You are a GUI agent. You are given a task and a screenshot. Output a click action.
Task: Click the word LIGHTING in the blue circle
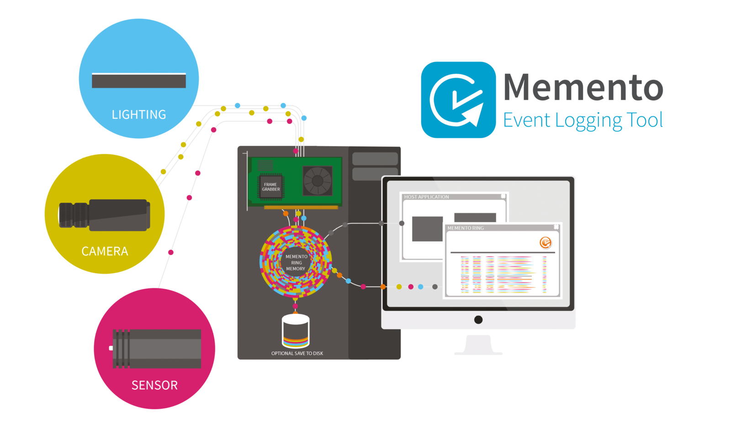(x=139, y=115)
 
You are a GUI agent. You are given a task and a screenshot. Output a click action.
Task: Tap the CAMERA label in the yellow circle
(x=105, y=251)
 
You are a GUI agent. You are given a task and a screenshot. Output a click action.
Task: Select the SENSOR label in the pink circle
(x=154, y=385)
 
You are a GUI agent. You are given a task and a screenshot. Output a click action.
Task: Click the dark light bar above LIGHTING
(x=139, y=80)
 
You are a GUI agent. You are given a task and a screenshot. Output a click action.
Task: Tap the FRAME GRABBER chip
(x=271, y=187)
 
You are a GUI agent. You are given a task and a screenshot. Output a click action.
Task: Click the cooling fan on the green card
(x=318, y=181)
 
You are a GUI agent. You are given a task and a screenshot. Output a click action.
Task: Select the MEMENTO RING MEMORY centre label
(x=296, y=262)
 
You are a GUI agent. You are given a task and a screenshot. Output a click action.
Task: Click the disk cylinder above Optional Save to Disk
(x=295, y=331)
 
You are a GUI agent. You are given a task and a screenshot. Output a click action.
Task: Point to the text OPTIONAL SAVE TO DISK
(x=297, y=353)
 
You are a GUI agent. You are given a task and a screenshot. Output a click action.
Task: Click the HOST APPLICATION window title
(x=426, y=197)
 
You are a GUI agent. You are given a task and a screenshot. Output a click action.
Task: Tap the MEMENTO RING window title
(x=466, y=228)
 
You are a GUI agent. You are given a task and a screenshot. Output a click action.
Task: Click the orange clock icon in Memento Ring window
(x=546, y=242)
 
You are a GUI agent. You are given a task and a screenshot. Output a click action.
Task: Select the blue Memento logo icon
(x=458, y=100)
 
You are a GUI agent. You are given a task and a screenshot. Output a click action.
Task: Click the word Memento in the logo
(x=583, y=87)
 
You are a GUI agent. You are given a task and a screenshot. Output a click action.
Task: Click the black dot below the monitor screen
(x=478, y=320)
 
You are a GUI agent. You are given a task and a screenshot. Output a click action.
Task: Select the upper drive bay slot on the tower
(x=375, y=159)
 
